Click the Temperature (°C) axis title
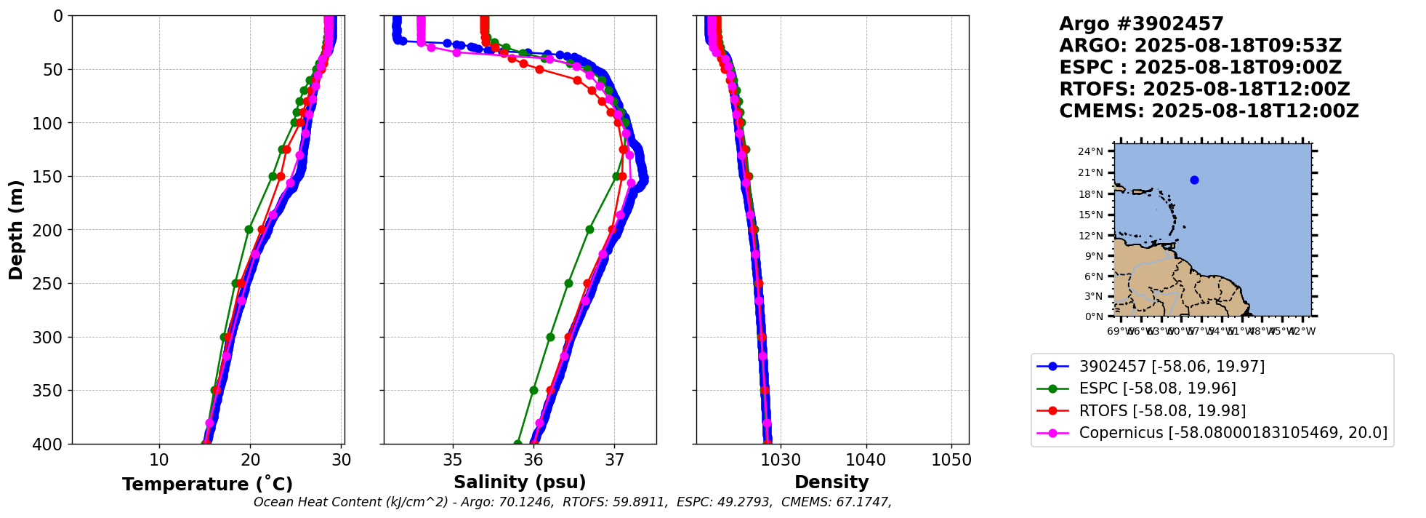pyautogui.click(x=207, y=485)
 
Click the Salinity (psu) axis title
pyautogui.click(x=520, y=482)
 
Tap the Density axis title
pyautogui.click(x=831, y=482)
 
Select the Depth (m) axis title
pyautogui.click(x=16, y=230)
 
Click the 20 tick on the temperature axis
pyautogui.click(x=251, y=460)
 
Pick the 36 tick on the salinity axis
pyautogui.click(x=533, y=460)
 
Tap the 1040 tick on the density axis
pyautogui.click(x=866, y=460)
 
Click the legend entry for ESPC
pyautogui.click(x=1157, y=388)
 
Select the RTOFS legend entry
pyautogui.click(x=1162, y=411)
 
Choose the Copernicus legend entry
pyautogui.click(x=1233, y=433)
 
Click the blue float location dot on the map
pyautogui.click(x=1194, y=180)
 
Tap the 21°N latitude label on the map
pyautogui.click(x=1090, y=173)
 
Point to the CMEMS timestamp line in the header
pyautogui.click(x=1209, y=111)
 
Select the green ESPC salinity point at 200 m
pyautogui.click(x=589, y=230)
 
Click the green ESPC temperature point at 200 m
pyautogui.click(x=249, y=230)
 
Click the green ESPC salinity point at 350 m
pyautogui.click(x=533, y=391)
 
